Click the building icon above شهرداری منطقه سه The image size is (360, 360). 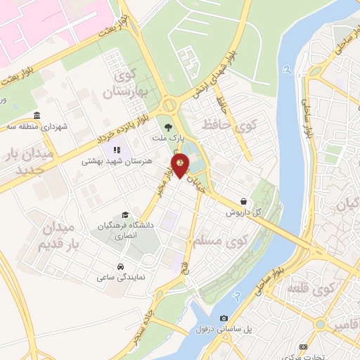36,117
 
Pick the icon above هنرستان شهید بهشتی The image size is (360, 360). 117,149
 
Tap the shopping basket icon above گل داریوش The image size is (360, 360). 243,201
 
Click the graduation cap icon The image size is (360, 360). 125,215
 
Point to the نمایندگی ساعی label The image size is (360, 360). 121,278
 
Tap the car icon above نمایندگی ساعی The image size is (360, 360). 121,267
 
